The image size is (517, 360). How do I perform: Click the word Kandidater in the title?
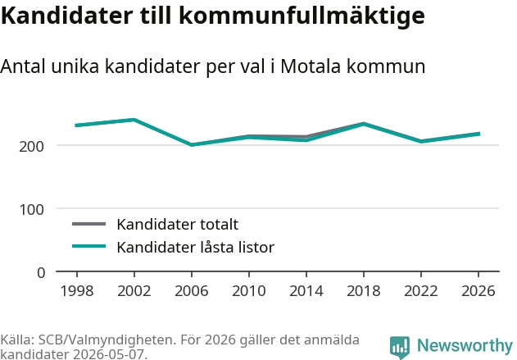[x=67, y=16]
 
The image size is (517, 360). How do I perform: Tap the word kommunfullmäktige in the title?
[x=302, y=16]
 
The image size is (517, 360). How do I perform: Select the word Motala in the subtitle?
[x=311, y=66]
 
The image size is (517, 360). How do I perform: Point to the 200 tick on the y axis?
[x=31, y=146]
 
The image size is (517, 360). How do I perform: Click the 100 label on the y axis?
[x=31, y=210]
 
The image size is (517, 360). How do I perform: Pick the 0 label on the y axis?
[x=41, y=273]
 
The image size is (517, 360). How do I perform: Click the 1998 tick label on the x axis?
[x=77, y=291]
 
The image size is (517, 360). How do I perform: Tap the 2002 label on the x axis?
[x=134, y=291]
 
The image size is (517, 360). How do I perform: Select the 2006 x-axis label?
[x=192, y=291]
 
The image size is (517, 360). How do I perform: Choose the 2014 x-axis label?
[x=306, y=291]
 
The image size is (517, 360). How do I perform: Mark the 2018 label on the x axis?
[x=364, y=291]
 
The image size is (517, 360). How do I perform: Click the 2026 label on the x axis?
[x=478, y=291]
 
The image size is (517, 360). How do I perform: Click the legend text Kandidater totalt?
[x=178, y=225]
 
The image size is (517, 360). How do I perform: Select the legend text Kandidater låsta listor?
[x=196, y=247]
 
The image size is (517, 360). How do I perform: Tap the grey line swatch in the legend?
[x=89, y=224]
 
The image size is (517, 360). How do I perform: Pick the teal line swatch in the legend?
[x=89, y=246]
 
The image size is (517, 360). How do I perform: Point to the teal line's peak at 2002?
[x=134, y=120]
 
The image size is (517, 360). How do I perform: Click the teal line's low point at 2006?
[x=192, y=145]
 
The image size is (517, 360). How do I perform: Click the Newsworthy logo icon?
[x=400, y=348]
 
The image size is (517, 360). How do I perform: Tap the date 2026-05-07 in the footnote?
[x=108, y=354]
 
